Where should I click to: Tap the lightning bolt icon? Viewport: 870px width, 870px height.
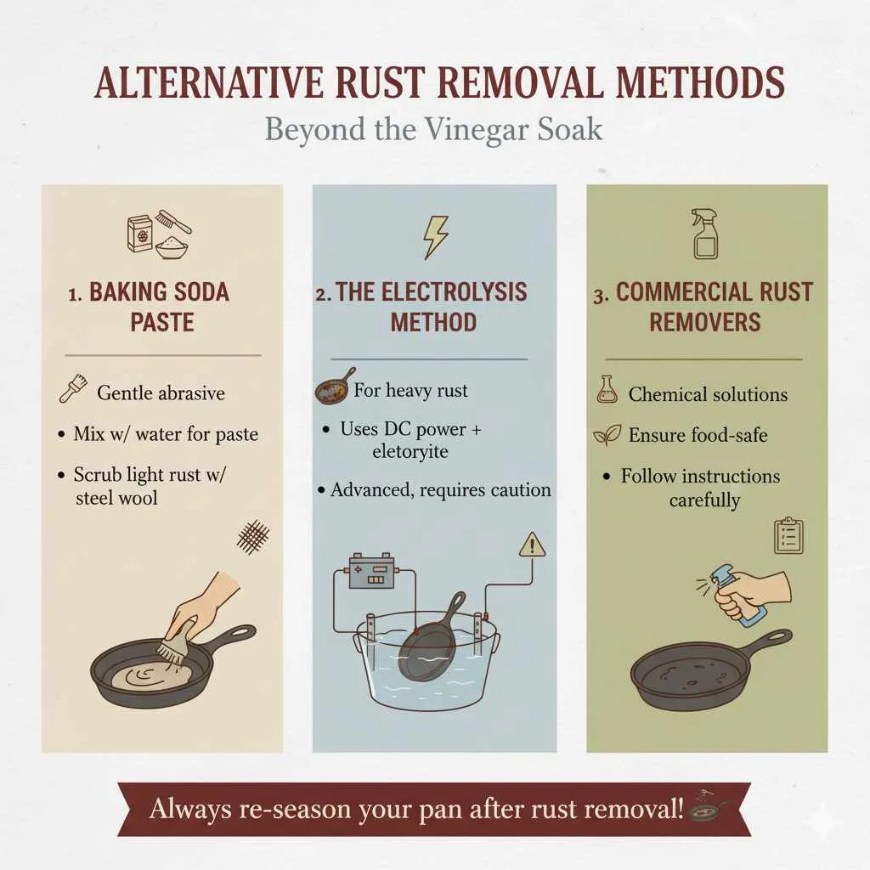tap(435, 238)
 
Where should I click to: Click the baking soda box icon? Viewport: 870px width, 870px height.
tap(139, 234)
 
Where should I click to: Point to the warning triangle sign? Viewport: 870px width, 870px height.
tap(532, 545)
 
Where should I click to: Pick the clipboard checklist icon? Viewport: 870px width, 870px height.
tap(789, 536)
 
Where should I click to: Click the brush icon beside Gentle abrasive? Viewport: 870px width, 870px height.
tap(73, 391)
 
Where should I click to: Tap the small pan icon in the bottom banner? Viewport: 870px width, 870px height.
tap(710, 808)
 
